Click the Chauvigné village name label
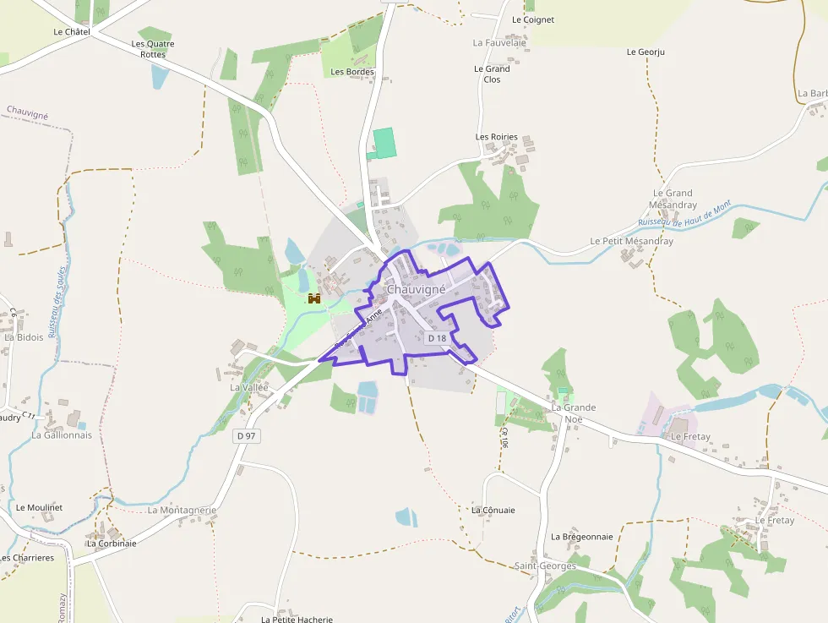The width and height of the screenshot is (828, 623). pyautogui.click(x=416, y=289)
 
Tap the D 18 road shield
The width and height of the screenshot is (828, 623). pyautogui.click(x=437, y=338)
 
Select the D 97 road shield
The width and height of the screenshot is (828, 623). pyautogui.click(x=246, y=435)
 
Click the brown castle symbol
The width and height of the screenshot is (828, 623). pyautogui.click(x=314, y=298)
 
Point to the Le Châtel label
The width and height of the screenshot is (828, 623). pyautogui.click(x=71, y=32)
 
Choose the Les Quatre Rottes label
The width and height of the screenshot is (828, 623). pyautogui.click(x=153, y=49)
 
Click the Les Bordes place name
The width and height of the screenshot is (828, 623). pyautogui.click(x=352, y=72)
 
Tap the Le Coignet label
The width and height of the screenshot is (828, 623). pyautogui.click(x=533, y=19)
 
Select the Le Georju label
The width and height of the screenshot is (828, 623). pyautogui.click(x=646, y=52)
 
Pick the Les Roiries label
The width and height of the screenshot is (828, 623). pyautogui.click(x=497, y=137)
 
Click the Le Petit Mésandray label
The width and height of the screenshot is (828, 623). pyautogui.click(x=631, y=241)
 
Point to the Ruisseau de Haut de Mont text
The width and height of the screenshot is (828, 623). pyautogui.click(x=684, y=214)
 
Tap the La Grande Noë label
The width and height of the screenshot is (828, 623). pyautogui.click(x=574, y=413)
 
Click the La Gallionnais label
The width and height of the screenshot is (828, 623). pyautogui.click(x=62, y=435)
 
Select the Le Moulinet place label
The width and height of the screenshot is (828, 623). pyautogui.click(x=39, y=507)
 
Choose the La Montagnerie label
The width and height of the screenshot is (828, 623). pyautogui.click(x=182, y=511)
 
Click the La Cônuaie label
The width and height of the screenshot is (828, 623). pyautogui.click(x=493, y=510)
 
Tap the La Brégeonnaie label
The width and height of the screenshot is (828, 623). pyautogui.click(x=582, y=536)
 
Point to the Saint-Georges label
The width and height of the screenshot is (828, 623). pyautogui.click(x=546, y=566)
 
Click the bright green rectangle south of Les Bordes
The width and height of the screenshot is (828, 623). pyautogui.click(x=384, y=142)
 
